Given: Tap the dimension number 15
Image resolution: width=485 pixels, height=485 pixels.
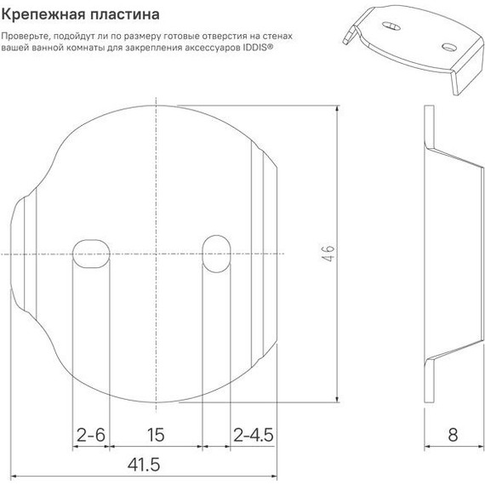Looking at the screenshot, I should coord(155,435).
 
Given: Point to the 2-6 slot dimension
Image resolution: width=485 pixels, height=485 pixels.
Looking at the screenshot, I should coord(90,435).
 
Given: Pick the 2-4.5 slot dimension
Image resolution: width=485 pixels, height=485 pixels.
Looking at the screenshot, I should coord(253,435).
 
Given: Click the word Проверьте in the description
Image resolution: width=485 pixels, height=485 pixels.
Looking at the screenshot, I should coord(27,37).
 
